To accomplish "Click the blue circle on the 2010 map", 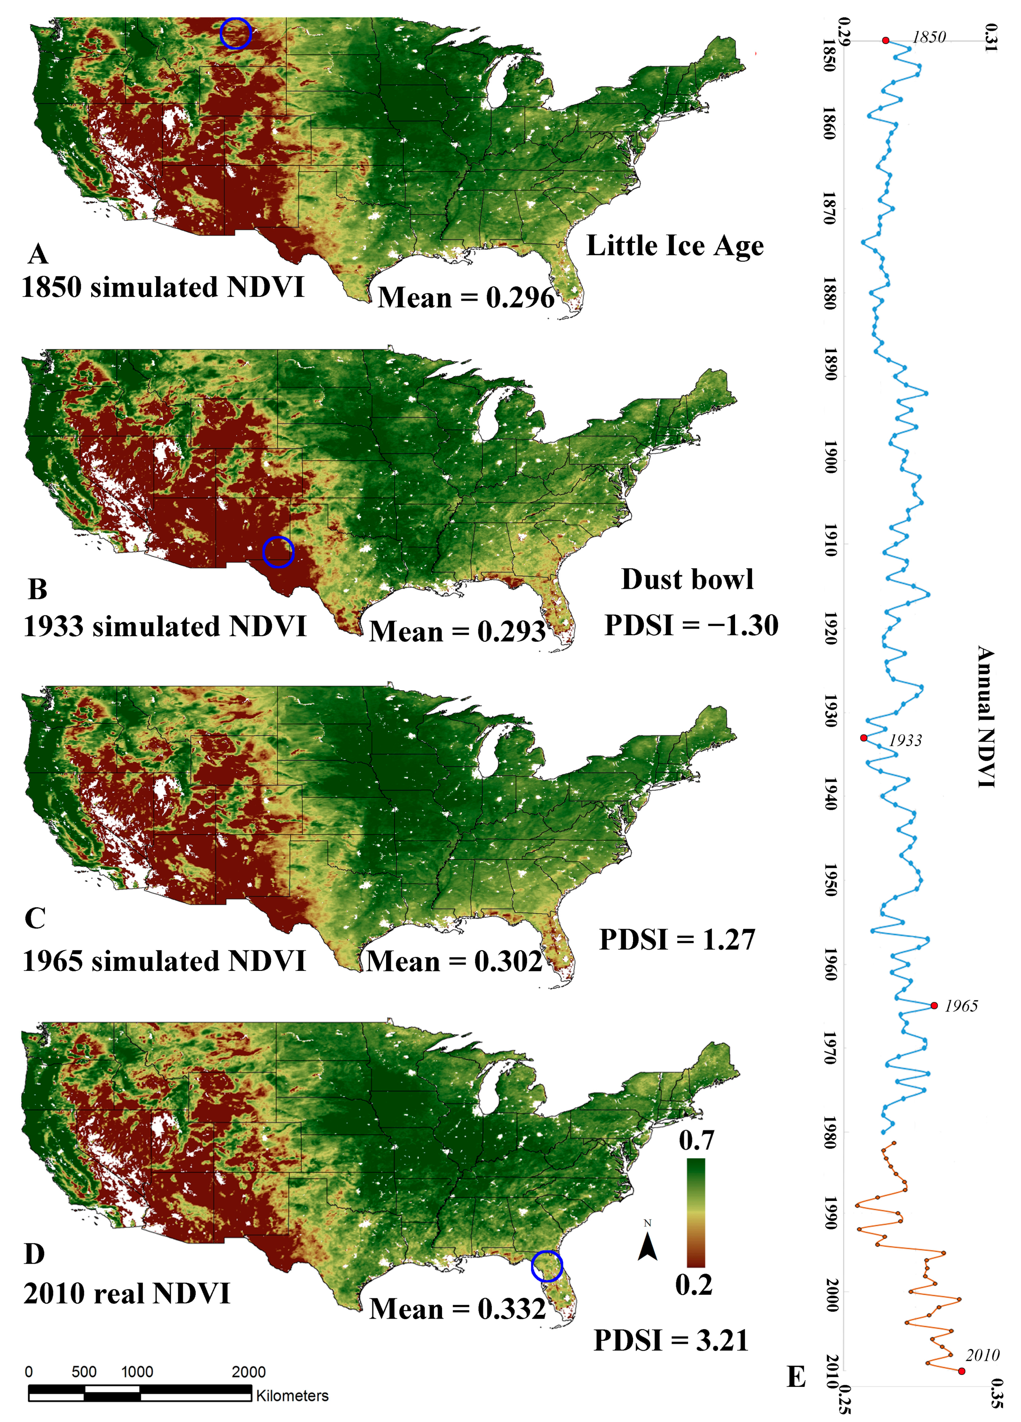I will point(547,1267).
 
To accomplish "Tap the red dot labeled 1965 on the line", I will point(934,1006).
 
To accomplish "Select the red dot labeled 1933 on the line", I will point(864,738).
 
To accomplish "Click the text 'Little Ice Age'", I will point(675,246).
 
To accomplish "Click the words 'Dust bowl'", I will point(687,579).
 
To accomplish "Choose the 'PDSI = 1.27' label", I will point(677,939).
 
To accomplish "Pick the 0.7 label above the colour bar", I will point(696,1140).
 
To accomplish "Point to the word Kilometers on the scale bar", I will point(292,1396).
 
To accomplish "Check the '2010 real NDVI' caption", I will point(127,1294).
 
